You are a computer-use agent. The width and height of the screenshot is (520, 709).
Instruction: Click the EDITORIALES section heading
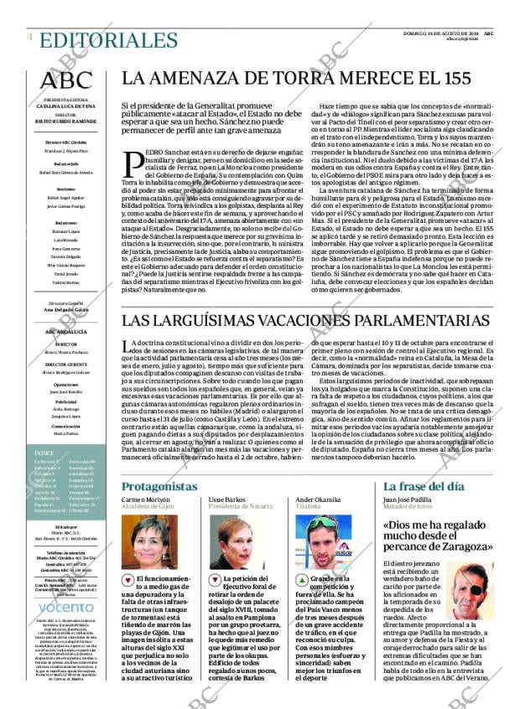click(x=96, y=39)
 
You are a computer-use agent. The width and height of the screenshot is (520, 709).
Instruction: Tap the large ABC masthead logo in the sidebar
click(x=67, y=80)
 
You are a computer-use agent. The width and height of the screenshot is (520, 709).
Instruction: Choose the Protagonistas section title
click(x=159, y=487)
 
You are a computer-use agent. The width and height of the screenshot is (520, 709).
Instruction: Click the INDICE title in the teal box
click(x=46, y=453)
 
